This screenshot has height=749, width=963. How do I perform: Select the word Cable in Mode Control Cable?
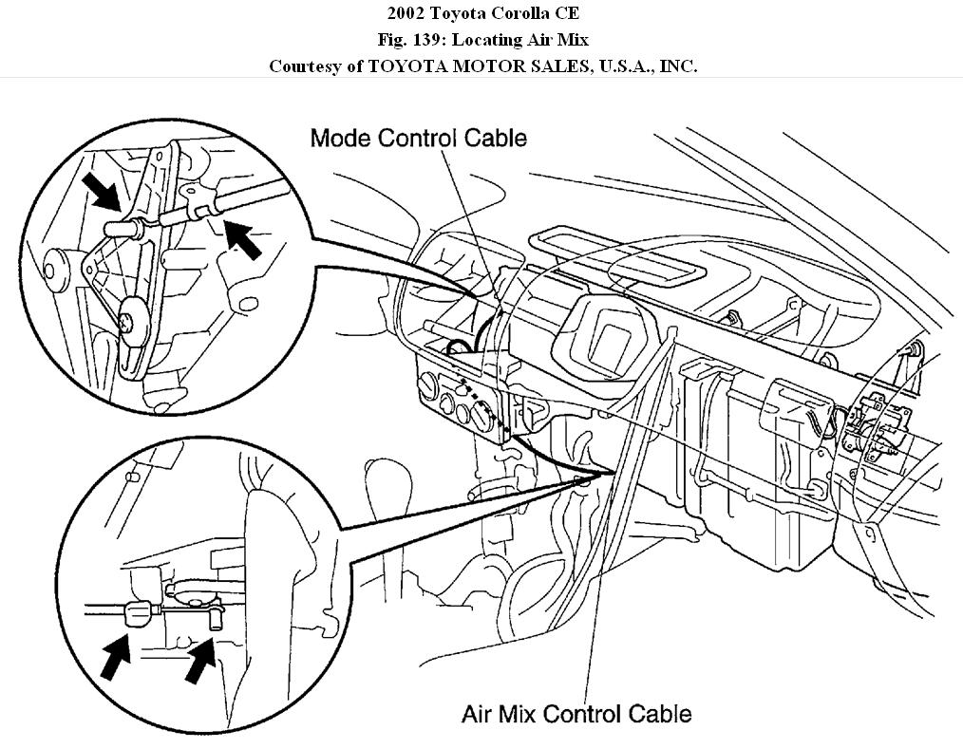coord(495,138)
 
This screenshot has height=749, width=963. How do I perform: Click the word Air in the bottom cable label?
coord(480,713)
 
